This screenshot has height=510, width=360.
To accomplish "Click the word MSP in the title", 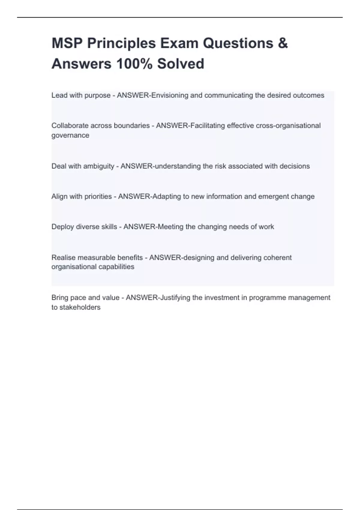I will tap(67, 43).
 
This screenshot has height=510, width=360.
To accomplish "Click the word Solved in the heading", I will tap(181, 64).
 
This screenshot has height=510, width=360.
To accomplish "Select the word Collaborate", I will tap(70, 126).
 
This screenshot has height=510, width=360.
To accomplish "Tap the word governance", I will tap(70, 135).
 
